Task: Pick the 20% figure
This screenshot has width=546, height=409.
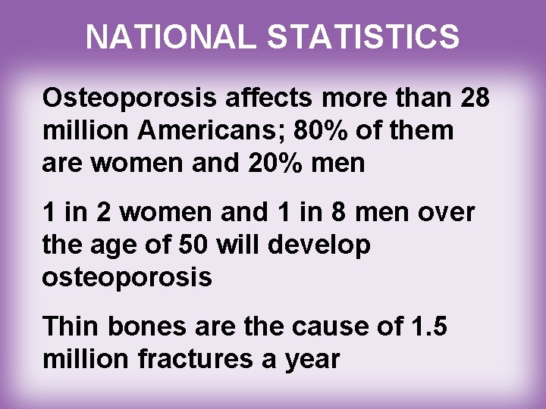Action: pos(294,162)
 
